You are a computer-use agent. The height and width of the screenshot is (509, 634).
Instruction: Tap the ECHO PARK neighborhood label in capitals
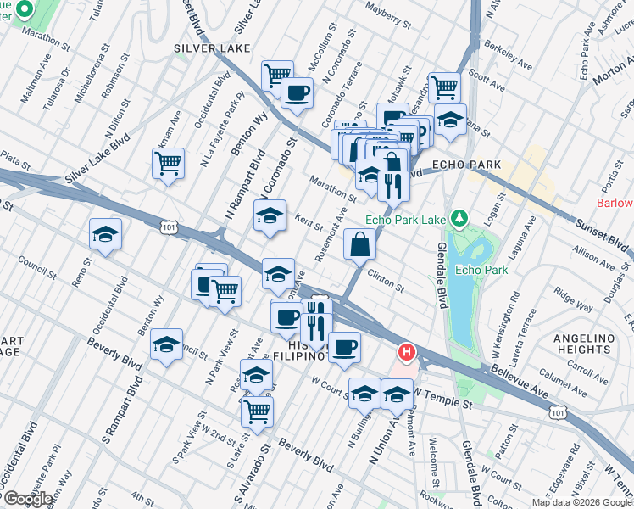pyautogui.click(x=466, y=165)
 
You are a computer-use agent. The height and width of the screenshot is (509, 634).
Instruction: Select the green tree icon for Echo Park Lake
pyautogui.click(x=459, y=219)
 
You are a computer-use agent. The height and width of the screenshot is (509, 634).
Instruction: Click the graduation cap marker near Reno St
pyautogui.click(x=105, y=235)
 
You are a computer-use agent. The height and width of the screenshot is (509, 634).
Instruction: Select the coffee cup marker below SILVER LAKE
pyautogui.click(x=297, y=93)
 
